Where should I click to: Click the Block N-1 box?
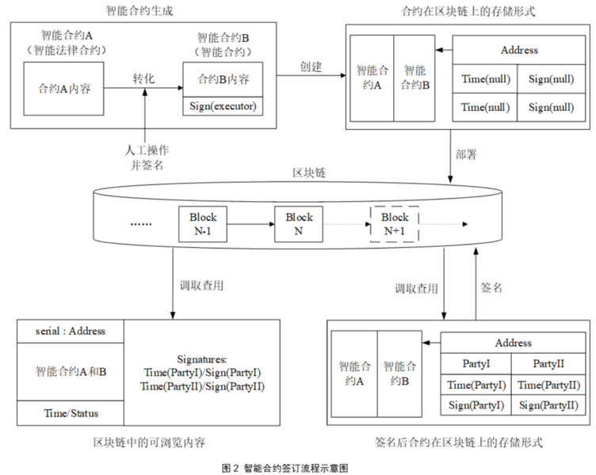pyautogui.click(x=203, y=223)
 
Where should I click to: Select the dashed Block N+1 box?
pyautogui.click(x=394, y=223)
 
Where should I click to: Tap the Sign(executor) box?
pyautogui.click(x=223, y=106)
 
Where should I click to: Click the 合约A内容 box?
pyautogui.click(x=64, y=88)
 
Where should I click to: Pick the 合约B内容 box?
pyautogui.click(x=223, y=79)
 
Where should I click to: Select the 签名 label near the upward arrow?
pyautogui.click(x=492, y=287)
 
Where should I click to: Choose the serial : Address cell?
pyautogui.click(x=71, y=331)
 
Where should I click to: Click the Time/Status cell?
pyautogui.click(x=71, y=412)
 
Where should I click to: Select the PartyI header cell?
pyautogui.click(x=476, y=363)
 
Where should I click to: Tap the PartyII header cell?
pyautogui.click(x=548, y=363)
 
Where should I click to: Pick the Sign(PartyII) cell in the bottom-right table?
pyautogui.click(x=548, y=405)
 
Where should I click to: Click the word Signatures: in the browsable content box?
pyautogui.click(x=202, y=359)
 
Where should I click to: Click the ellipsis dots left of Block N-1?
pyautogui.click(x=140, y=224)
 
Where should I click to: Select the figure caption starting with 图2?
pyautogui.click(x=285, y=468)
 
